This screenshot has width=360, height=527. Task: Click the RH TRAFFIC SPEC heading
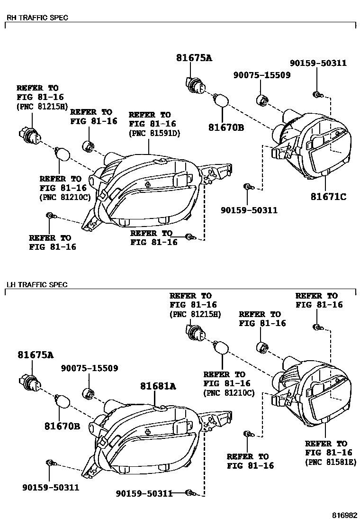click(37, 18)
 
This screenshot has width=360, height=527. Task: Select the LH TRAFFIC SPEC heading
click(36, 285)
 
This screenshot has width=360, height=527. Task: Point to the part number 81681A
click(158, 386)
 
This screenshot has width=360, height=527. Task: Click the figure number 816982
click(343, 515)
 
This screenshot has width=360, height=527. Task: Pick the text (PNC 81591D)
click(153, 133)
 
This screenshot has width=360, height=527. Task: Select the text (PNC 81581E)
click(330, 462)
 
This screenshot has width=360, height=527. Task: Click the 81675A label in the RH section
click(194, 58)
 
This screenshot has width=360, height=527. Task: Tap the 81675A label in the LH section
click(36, 355)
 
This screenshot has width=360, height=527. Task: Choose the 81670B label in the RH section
click(226, 127)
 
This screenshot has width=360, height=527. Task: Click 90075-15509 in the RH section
click(261, 75)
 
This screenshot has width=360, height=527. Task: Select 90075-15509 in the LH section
click(89, 368)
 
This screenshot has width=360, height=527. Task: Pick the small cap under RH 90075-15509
click(262, 100)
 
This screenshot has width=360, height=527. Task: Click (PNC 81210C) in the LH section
click(229, 393)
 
